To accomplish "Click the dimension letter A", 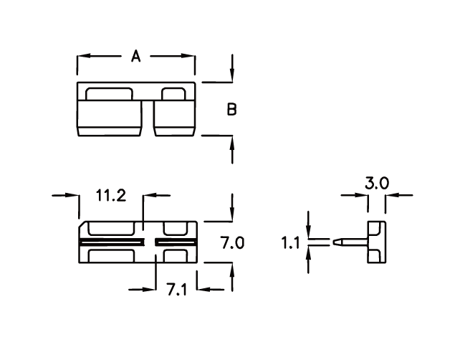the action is click(x=135, y=56).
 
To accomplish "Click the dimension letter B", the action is click(x=231, y=109).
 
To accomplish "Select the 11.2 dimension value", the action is click(x=111, y=196).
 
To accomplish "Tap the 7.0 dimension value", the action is click(x=232, y=243).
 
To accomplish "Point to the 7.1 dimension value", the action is click(x=176, y=289).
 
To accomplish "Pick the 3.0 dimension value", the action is click(x=377, y=183).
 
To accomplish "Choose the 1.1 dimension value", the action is click(x=290, y=243).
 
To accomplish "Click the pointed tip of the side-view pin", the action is click(x=333, y=242).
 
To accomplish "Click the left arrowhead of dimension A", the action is click(x=83, y=56).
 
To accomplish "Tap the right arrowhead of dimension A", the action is click(x=188, y=56).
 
